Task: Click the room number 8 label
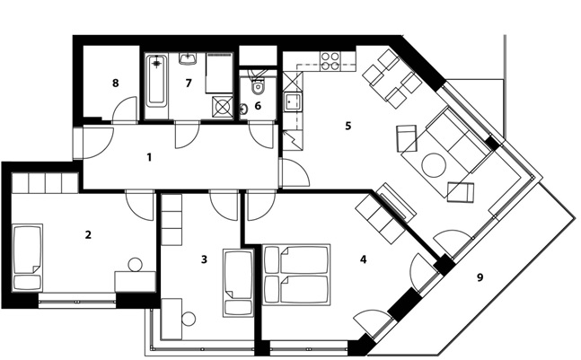click(116, 83)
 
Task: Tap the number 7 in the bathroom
click(189, 83)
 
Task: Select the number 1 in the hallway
click(149, 157)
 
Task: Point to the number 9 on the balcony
click(480, 277)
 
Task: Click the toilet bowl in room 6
click(257, 86)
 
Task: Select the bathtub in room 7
click(157, 81)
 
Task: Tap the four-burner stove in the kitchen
click(330, 61)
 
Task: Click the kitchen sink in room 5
click(293, 101)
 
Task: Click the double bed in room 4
click(296, 275)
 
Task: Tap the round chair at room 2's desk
click(136, 265)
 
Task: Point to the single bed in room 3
click(238, 283)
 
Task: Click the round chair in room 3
click(189, 319)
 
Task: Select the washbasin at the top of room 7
click(188, 59)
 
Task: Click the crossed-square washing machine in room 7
click(223, 108)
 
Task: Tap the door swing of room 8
click(125, 109)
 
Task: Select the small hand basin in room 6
click(244, 109)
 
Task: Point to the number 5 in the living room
click(348, 126)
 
